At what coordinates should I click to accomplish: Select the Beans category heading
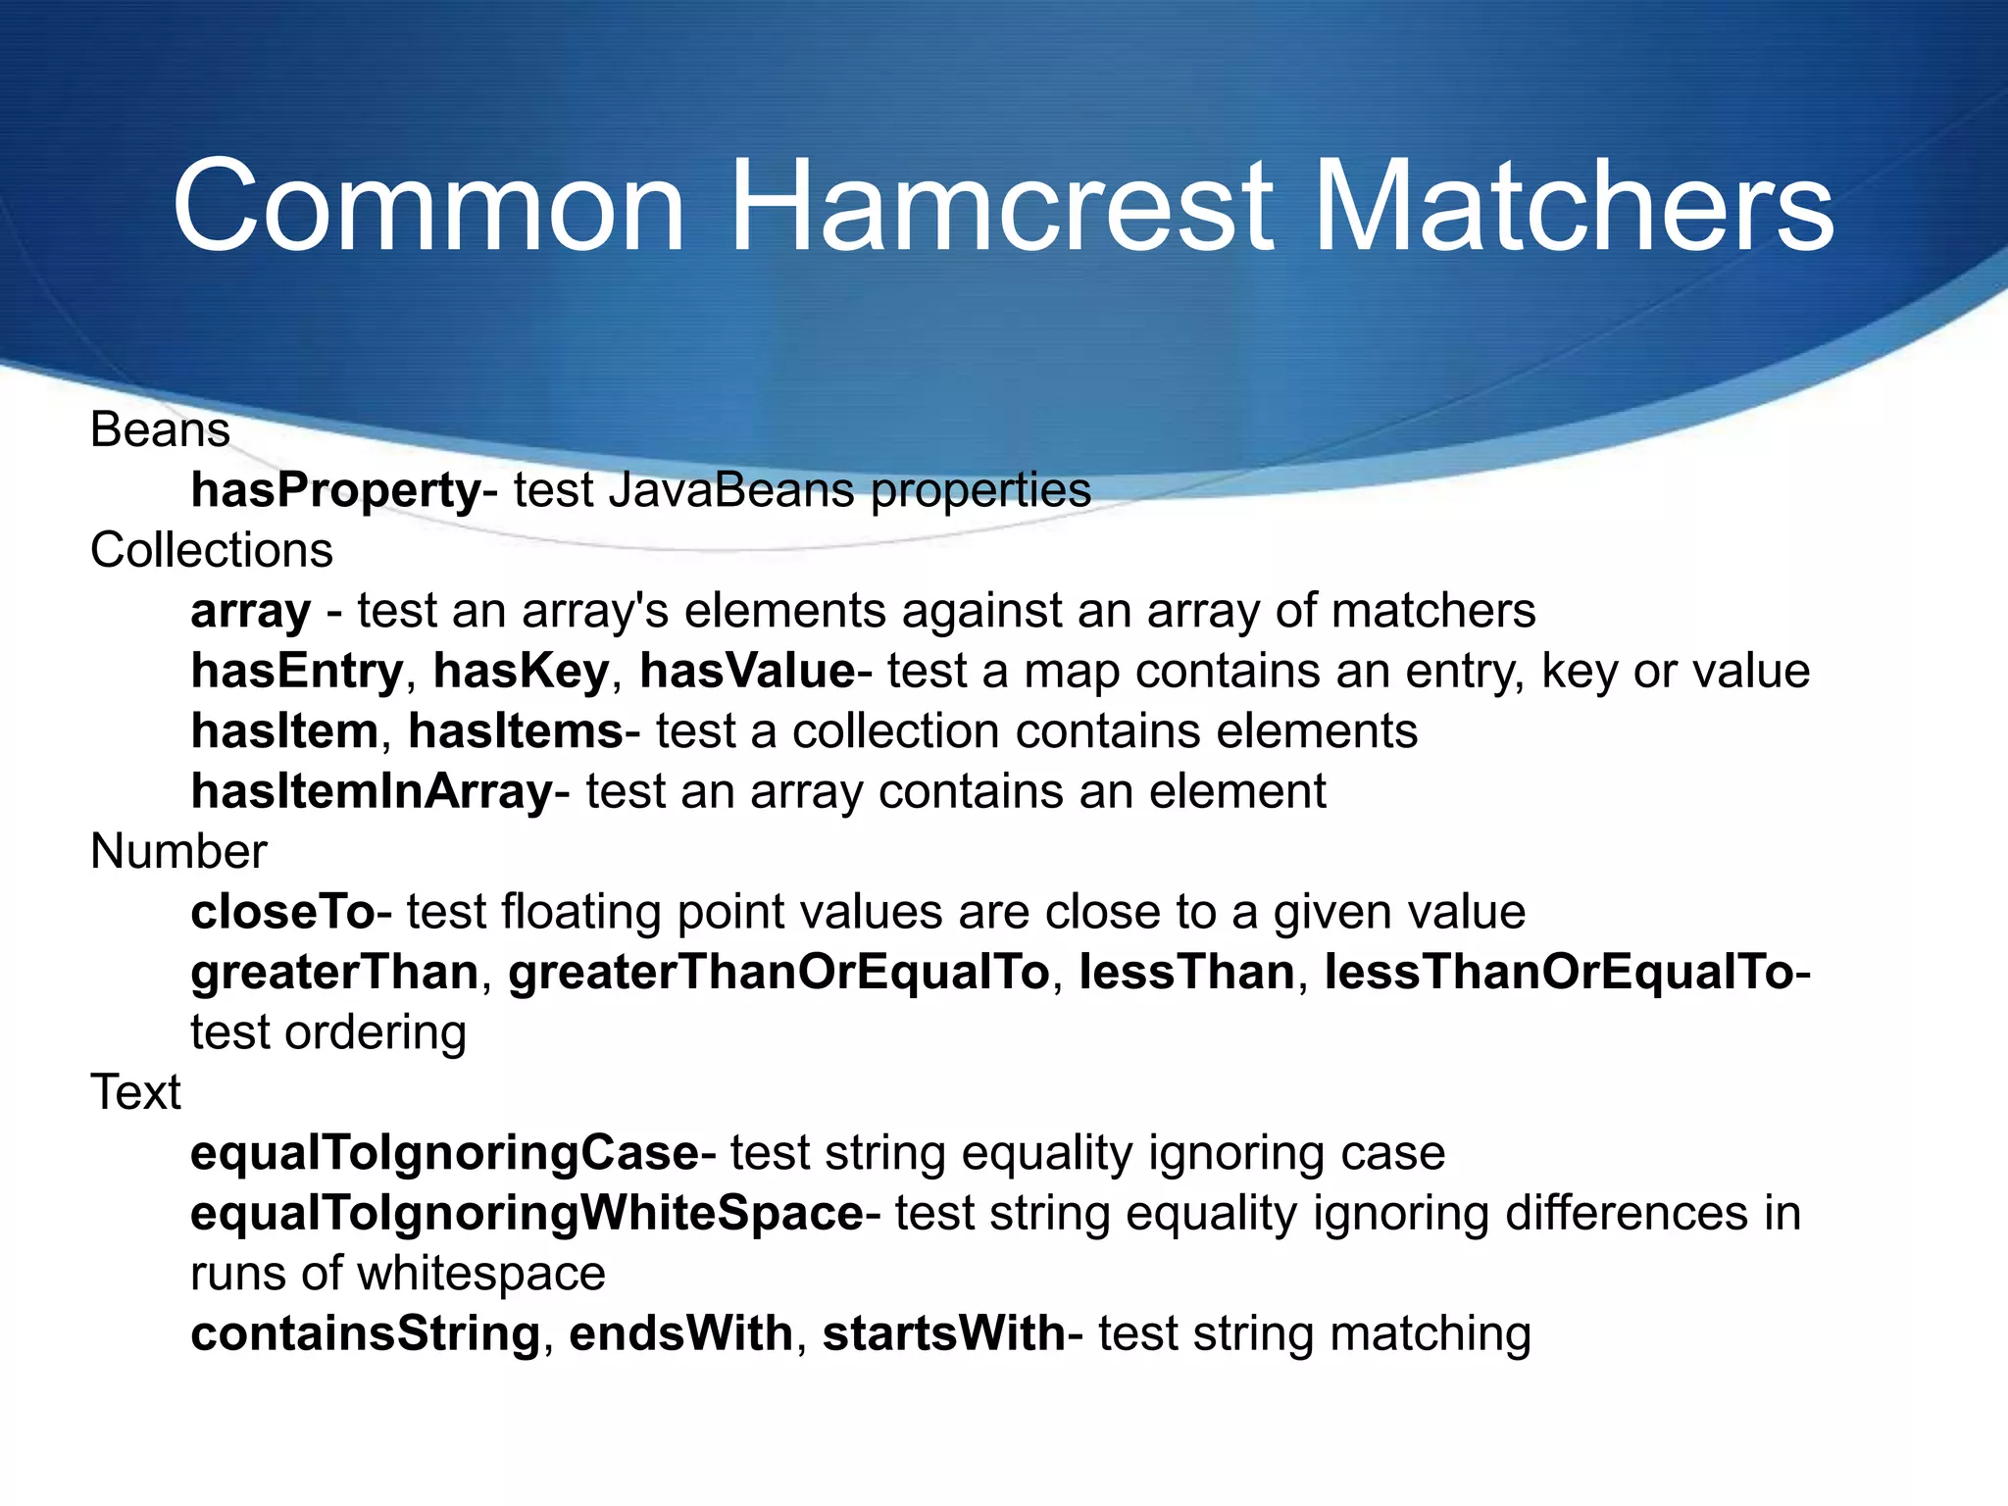pyautogui.click(x=160, y=429)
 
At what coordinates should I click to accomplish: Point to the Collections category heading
pyautogui.click(x=212, y=550)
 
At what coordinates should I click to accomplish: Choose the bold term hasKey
pyautogui.click(x=521, y=672)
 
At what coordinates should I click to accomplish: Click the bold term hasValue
pyautogui.click(x=747, y=672)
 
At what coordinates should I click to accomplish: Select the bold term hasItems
pyautogui.click(x=516, y=731)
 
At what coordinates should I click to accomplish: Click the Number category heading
pyautogui.click(x=178, y=851)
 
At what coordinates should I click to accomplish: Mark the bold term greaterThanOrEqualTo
pyautogui.click(x=778, y=973)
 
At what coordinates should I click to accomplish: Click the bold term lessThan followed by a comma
pyautogui.click(x=1186, y=973)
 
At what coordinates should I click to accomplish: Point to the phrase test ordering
pyautogui.click(x=328, y=1032)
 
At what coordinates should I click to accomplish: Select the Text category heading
pyautogui.click(x=135, y=1092)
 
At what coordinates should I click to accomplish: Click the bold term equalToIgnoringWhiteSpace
pyautogui.click(x=527, y=1214)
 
